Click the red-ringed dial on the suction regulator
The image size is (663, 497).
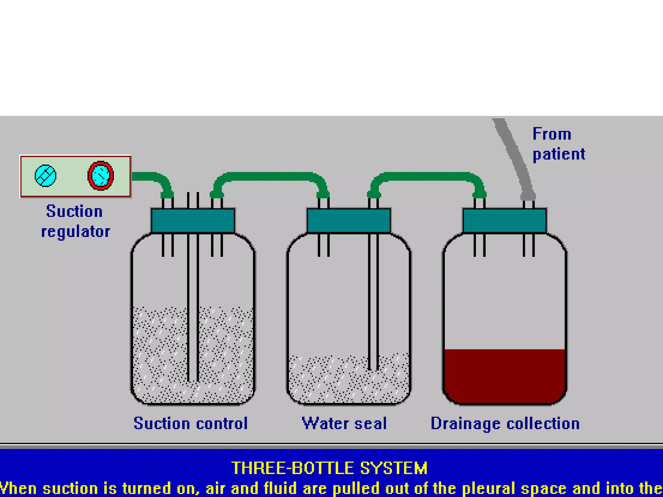point(101,176)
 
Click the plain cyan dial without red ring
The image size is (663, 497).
point(46,176)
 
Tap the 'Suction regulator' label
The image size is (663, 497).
point(75,221)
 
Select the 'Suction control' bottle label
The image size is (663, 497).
point(191,423)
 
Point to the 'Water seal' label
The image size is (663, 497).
point(344,423)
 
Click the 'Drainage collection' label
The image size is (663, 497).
point(505,423)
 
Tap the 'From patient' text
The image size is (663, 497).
point(558,144)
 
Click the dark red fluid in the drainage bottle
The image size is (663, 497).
point(504,375)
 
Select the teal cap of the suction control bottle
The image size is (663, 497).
point(193,221)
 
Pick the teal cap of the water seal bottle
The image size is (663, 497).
point(349,221)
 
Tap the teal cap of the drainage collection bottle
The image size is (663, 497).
point(504,221)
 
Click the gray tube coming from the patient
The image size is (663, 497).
point(515,155)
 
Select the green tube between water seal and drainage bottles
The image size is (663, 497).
point(427,176)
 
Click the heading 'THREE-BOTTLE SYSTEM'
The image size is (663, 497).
point(330,468)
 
